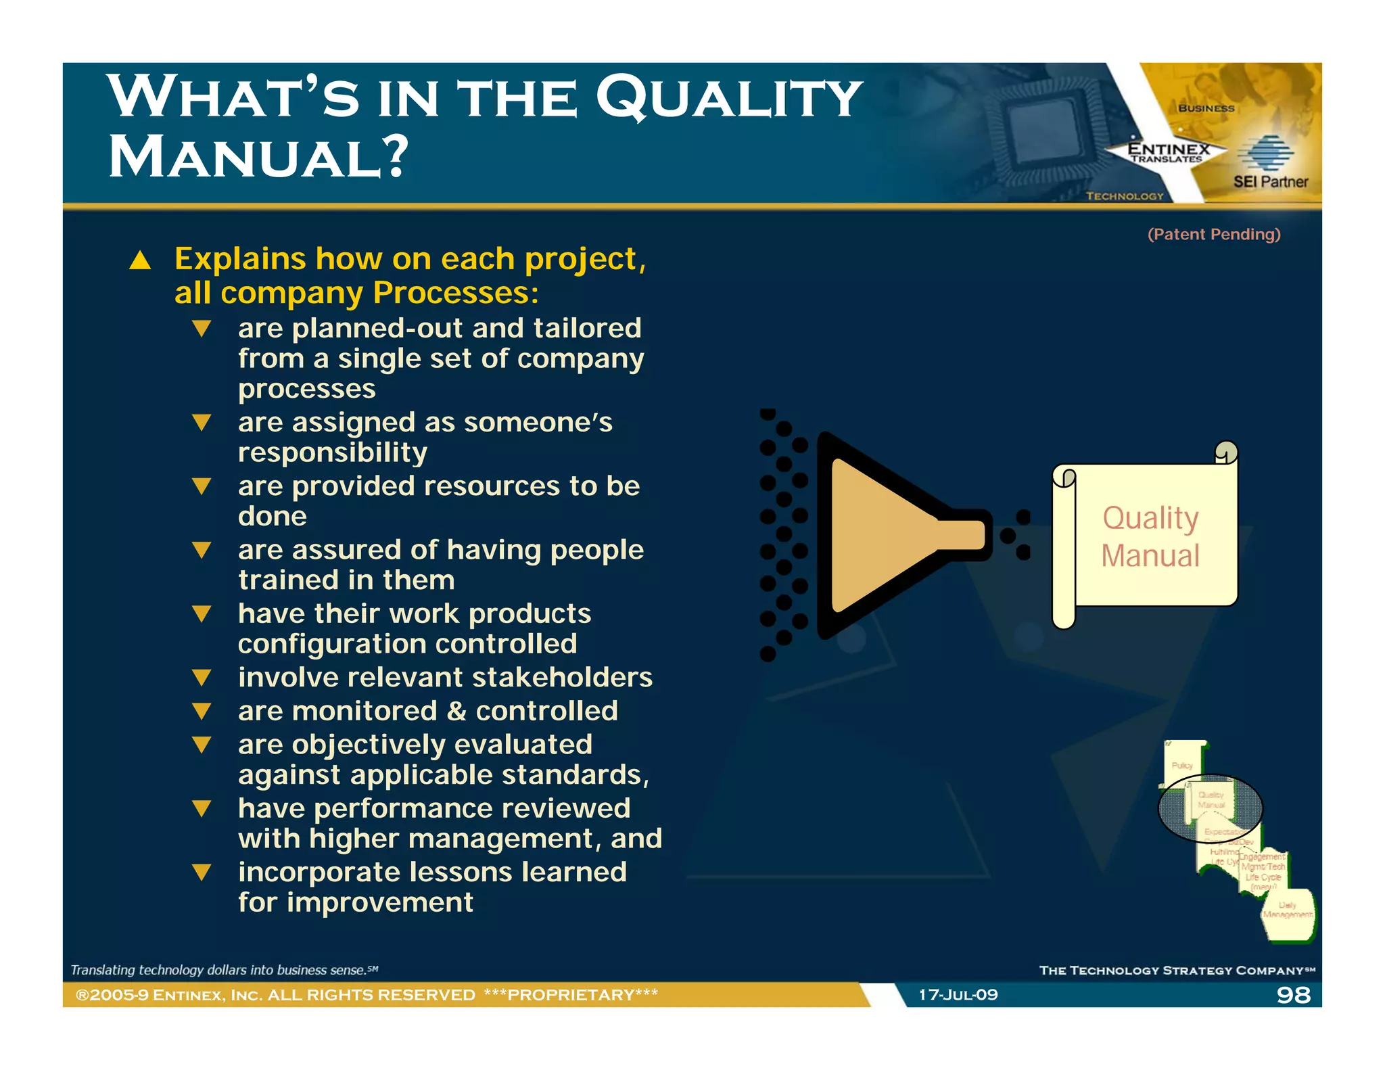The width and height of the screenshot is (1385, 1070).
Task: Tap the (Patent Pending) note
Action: tap(1214, 234)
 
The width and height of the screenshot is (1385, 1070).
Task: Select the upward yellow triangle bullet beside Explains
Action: tap(140, 260)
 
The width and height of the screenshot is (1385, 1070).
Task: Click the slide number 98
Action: tap(1293, 994)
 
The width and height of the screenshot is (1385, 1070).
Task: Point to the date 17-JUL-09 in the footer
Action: tap(958, 994)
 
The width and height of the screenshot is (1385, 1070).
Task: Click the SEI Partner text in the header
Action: tap(1270, 181)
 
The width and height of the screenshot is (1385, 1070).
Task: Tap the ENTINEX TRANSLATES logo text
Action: tap(1168, 153)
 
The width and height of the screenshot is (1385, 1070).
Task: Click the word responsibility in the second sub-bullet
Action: tap(333, 452)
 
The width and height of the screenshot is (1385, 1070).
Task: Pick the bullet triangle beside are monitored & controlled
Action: tap(202, 711)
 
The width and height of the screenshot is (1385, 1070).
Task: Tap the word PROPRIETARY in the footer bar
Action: tap(571, 994)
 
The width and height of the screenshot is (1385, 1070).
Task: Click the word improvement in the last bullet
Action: tap(379, 902)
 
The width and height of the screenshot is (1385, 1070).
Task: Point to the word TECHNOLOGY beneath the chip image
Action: tap(1125, 196)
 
